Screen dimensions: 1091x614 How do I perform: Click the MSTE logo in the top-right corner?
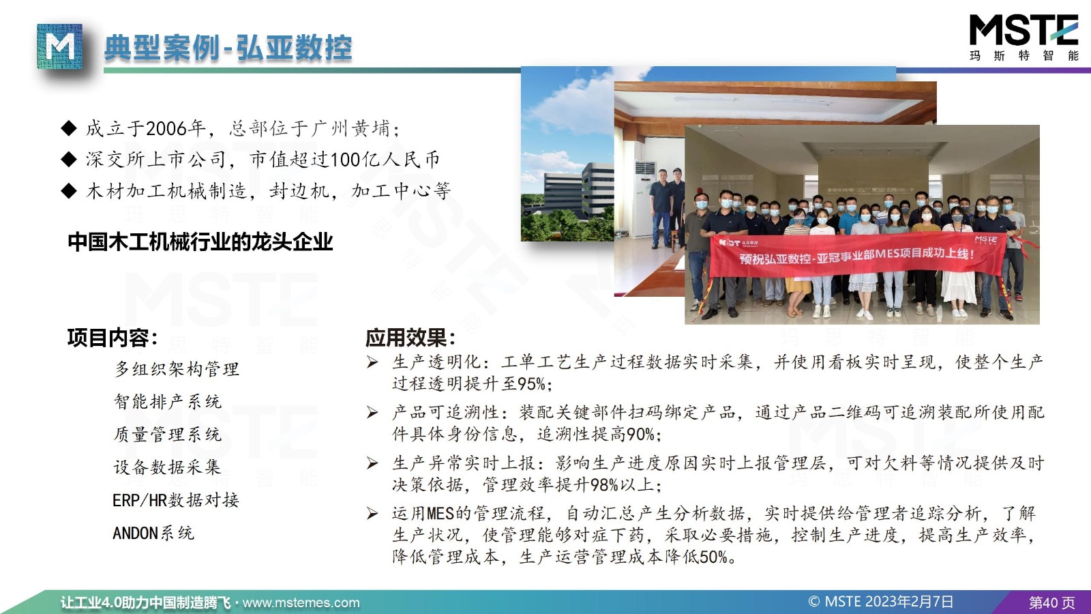[x=1023, y=38]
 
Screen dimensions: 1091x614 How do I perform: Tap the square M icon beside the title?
[x=59, y=46]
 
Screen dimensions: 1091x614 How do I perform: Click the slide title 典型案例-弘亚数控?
[x=228, y=48]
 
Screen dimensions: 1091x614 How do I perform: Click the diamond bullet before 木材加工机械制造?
[x=69, y=190]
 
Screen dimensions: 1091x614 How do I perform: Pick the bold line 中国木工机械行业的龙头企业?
[x=200, y=242]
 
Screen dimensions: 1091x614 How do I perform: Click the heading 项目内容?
[x=113, y=338]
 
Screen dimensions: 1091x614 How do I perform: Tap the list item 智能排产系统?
[x=168, y=402]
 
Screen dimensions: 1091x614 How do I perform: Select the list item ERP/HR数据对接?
[x=176, y=500]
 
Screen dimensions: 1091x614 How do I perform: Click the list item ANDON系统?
[x=153, y=533]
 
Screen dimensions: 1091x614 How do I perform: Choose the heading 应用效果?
[x=410, y=338]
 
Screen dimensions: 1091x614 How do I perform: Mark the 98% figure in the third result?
[x=604, y=485]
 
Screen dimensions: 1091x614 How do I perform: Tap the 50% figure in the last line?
[x=714, y=557]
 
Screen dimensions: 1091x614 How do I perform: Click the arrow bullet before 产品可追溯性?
[x=372, y=413]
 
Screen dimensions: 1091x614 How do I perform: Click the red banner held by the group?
[x=857, y=255]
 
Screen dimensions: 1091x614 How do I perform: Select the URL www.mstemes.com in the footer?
[x=301, y=603]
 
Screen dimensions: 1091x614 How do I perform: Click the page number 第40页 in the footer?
[x=1051, y=603]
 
